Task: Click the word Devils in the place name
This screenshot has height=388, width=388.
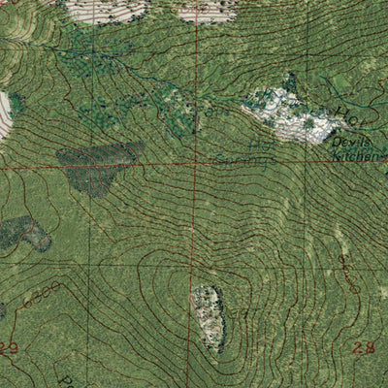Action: click(346, 142)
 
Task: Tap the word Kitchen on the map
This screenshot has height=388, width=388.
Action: click(362, 153)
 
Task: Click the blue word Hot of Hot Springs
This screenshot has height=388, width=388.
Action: click(260, 145)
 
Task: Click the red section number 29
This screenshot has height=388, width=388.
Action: click(10, 347)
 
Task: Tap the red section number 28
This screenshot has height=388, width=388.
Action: click(364, 347)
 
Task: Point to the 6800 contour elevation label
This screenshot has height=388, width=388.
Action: click(44, 295)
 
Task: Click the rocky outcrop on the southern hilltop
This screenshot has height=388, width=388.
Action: click(210, 316)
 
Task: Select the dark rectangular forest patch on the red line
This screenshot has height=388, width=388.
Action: click(101, 165)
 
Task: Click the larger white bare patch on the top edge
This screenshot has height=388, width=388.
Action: click(107, 10)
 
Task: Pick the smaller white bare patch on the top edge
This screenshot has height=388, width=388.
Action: click(209, 11)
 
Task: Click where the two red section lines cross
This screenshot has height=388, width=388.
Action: click(196, 166)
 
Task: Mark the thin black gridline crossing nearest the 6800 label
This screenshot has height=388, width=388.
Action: click(92, 264)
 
